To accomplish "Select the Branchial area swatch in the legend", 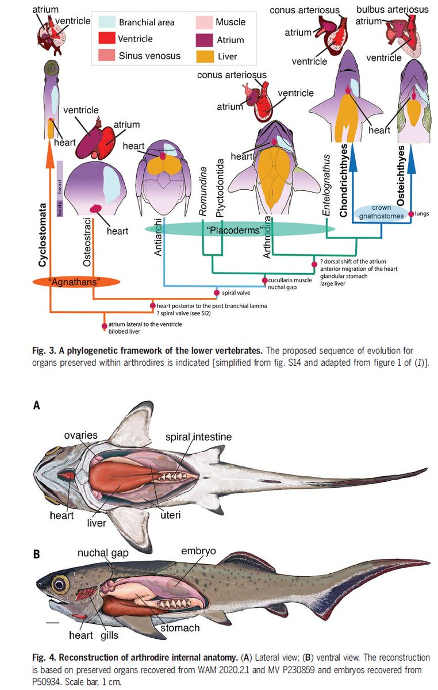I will point(107,22).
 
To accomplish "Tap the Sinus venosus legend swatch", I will point(107,56).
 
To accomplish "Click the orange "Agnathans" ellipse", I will point(76,281).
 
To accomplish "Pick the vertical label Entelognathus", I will point(326,186).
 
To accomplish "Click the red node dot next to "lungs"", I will point(411,214).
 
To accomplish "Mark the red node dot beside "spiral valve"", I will point(217,293).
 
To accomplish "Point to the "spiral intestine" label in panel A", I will point(198,437).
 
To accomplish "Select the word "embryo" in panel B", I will point(198,551).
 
